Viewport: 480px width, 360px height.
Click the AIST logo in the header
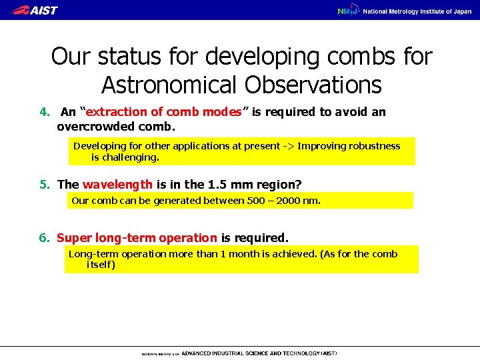pos(35,10)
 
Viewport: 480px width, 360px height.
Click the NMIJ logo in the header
pos(347,11)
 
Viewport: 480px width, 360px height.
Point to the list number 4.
pos(43,112)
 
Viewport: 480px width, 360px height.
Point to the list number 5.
pos(43,184)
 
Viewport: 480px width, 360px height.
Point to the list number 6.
pos(43,237)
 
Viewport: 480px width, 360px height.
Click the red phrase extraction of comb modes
pos(163,112)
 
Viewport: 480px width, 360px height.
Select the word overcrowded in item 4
pos(91,125)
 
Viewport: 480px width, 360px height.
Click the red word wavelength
pos(117,184)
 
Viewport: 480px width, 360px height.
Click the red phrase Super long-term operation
pos(137,237)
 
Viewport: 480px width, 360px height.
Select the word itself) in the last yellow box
pos(101,265)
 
